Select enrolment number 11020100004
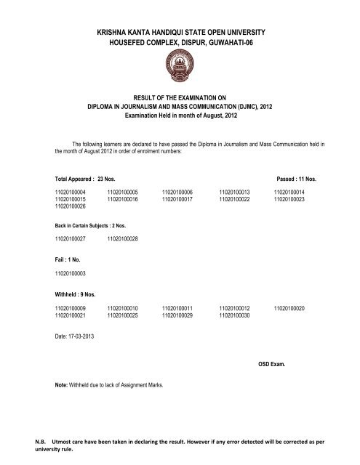click(x=71, y=192)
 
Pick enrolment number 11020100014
click(x=290, y=192)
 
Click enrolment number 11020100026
click(x=71, y=206)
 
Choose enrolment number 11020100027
click(x=71, y=238)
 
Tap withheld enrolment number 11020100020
click(x=290, y=308)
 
